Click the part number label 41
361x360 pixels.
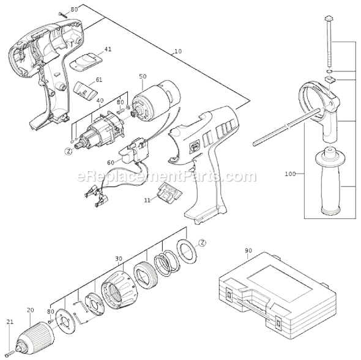[108, 49]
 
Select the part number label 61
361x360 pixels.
[99, 80]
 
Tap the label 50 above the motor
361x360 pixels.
[143, 76]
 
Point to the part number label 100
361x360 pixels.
[290, 174]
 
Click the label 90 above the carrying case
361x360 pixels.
[248, 251]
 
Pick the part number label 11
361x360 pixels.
[147, 200]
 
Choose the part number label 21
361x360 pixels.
[10, 322]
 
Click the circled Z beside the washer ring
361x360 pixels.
[203, 243]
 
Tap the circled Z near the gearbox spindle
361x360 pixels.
[68, 152]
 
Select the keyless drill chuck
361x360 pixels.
[35, 340]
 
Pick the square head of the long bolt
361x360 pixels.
[329, 18]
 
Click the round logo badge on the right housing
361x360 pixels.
[193, 147]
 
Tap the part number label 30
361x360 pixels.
[119, 259]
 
